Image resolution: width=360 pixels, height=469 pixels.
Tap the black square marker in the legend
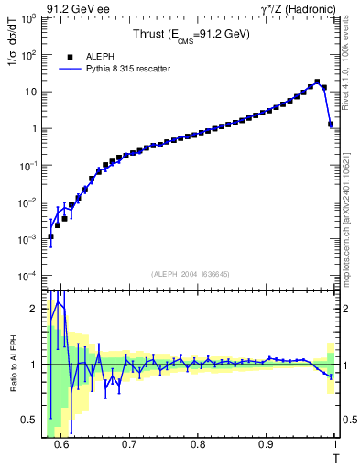70,56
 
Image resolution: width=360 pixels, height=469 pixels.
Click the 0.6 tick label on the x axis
60,445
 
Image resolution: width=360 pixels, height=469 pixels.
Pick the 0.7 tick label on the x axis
129,445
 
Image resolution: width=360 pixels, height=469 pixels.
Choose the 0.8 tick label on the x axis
198,445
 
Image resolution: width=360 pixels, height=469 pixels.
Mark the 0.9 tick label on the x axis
266,445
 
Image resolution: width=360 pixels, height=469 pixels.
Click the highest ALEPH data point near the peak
317,82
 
